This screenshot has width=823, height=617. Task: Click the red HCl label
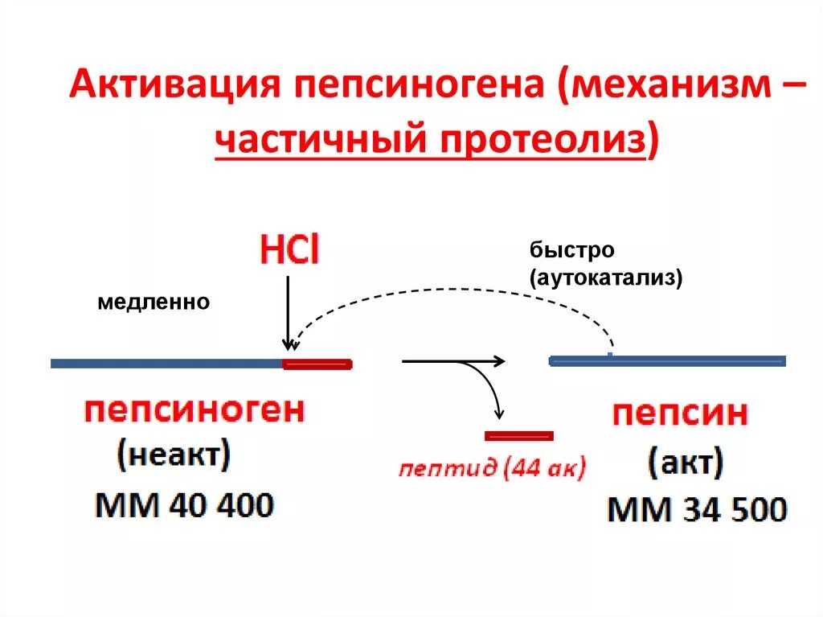coord(288,251)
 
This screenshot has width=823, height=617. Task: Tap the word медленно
coord(154,302)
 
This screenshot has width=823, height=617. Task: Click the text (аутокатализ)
coord(605,278)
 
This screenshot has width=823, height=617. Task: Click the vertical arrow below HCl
coord(287,314)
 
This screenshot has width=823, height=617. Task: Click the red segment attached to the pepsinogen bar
coord(317,364)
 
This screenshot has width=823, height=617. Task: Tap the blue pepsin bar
coord(667,360)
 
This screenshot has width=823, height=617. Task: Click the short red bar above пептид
coord(519,436)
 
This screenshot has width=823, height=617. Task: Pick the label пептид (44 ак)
coord(492,468)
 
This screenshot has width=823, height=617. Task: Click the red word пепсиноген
coord(194,411)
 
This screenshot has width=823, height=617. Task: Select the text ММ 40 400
coord(185,505)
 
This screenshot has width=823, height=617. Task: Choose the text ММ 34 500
coord(697,509)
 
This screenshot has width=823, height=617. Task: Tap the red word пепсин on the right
coord(680,415)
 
